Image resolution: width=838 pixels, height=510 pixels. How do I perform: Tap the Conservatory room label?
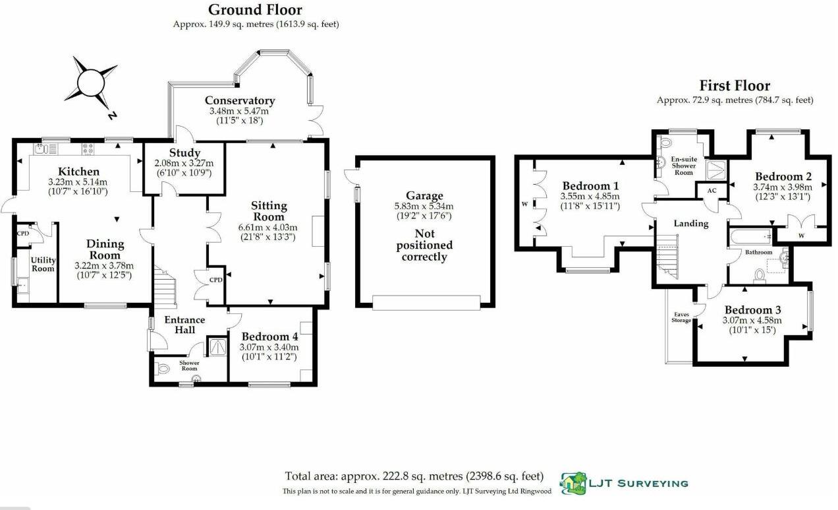click(240, 100)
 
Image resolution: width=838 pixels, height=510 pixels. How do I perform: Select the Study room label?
click(180, 154)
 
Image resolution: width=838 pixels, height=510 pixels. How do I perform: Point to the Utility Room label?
click(43, 265)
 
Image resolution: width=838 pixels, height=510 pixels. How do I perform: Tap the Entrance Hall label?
click(184, 324)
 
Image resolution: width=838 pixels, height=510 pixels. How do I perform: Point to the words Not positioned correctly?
click(424, 245)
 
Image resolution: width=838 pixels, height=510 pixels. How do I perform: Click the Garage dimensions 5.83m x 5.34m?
click(424, 206)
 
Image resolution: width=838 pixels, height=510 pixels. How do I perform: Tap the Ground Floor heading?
click(255, 10)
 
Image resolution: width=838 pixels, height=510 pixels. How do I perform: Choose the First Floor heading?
click(735, 86)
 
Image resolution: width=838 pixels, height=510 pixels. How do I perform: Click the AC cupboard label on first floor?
click(712, 190)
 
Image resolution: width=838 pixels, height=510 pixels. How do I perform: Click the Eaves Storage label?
click(681, 317)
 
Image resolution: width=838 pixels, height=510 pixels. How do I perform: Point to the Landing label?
click(690, 223)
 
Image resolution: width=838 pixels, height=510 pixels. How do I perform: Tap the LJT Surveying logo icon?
click(573, 483)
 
